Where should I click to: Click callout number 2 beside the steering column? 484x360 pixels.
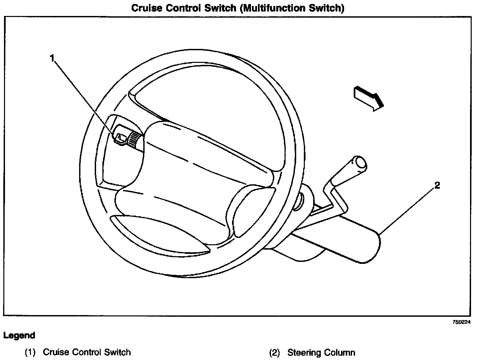click(x=437, y=185)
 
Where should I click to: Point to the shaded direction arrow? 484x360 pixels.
click(x=369, y=98)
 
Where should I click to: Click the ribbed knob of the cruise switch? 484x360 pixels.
click(x=135, y=138)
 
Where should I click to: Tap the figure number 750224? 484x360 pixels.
click(x=462, y=322)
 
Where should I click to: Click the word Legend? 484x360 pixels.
click(x=19, y=335)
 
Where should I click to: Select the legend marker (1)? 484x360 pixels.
click(x=30, y=352)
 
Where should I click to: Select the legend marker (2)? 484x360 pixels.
click(x=275, y=352)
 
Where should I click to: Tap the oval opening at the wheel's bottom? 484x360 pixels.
click(x=160, y=233)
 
